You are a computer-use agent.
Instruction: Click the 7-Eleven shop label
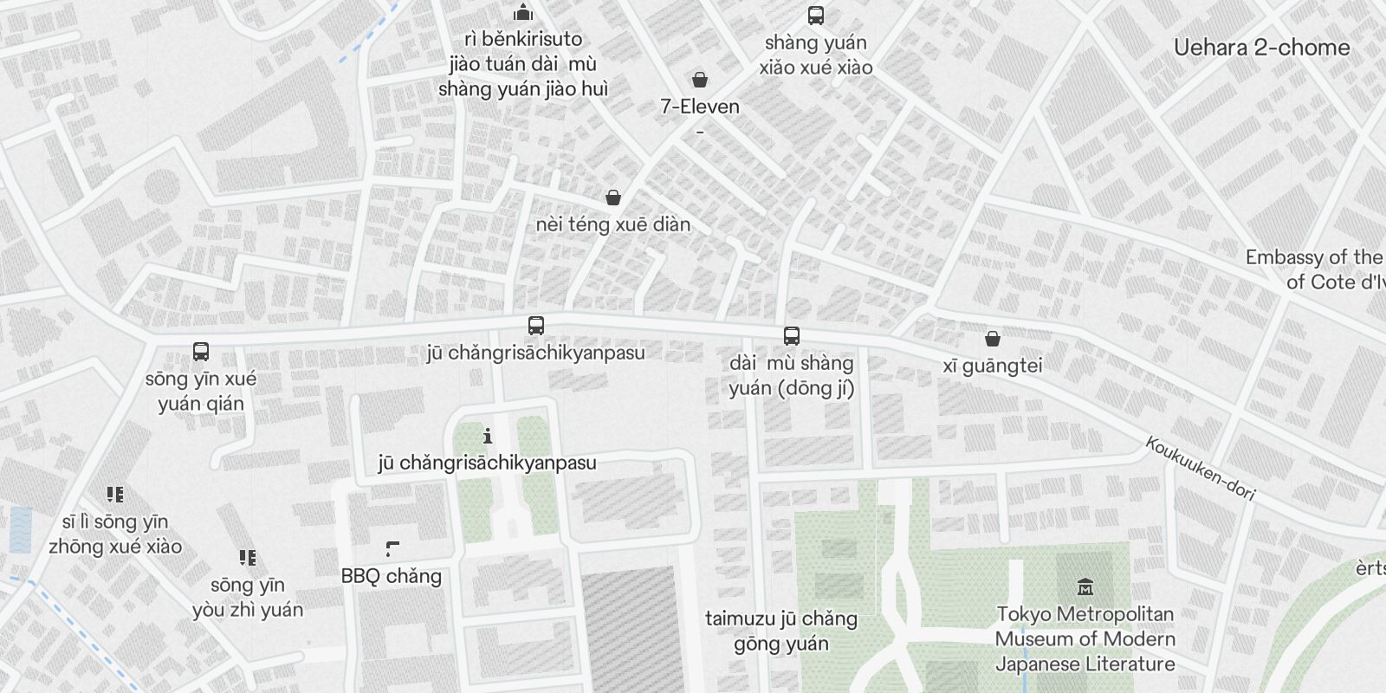700,107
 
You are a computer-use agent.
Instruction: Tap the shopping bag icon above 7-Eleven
700,81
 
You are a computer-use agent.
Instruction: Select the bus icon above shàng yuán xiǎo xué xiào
815,16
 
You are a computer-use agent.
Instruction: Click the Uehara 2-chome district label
1261,48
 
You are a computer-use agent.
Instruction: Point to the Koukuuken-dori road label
1200,468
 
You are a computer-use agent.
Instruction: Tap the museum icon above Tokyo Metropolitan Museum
1084,587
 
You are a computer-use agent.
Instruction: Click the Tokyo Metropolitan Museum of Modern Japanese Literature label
1085,639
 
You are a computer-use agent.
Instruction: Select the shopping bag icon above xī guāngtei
993,339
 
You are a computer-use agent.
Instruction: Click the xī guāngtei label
993,366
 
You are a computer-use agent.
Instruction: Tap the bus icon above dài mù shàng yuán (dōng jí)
791,336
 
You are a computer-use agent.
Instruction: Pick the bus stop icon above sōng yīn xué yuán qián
201,352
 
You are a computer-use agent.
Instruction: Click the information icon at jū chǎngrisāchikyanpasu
488,436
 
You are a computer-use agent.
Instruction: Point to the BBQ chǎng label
392,576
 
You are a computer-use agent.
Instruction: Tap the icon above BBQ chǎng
392,549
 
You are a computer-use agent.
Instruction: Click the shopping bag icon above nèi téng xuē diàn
613,198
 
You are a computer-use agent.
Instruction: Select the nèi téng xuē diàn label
613,225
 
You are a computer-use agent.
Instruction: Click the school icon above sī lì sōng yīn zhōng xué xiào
115,495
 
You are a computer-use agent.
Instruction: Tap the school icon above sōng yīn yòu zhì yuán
248,558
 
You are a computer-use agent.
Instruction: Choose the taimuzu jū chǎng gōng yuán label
781,631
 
